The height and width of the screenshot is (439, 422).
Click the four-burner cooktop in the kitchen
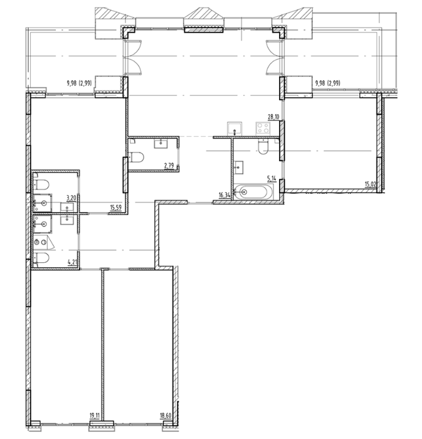click(x=263, y=129)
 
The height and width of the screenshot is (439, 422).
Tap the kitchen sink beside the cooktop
click(x=235, y=129)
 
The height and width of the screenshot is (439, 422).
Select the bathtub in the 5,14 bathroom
click(x=254, y=192)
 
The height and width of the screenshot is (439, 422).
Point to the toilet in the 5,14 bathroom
click(x=263, y=147)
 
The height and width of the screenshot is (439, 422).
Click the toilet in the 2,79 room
click(x=137, y=157)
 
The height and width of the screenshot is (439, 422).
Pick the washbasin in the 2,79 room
click(x=161, y=144)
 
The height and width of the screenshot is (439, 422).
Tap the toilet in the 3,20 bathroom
click(x=41, y=184)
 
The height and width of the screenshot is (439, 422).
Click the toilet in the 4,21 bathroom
click(x=41, y=258)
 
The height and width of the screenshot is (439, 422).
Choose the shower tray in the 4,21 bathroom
click(x=43, y=224)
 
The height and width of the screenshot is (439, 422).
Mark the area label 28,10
click(x=273, y=117)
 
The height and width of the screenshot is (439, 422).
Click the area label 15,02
click(x=371, y=184)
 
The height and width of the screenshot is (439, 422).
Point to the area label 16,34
click(x=224, y=195)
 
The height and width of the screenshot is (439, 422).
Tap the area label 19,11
click(x=95, y=415)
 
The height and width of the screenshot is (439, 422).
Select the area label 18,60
click(x=166, y=415)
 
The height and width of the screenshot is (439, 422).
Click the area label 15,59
click(x=116, y=208)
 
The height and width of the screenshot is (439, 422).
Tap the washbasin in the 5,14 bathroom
click(x=239, y=167)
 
